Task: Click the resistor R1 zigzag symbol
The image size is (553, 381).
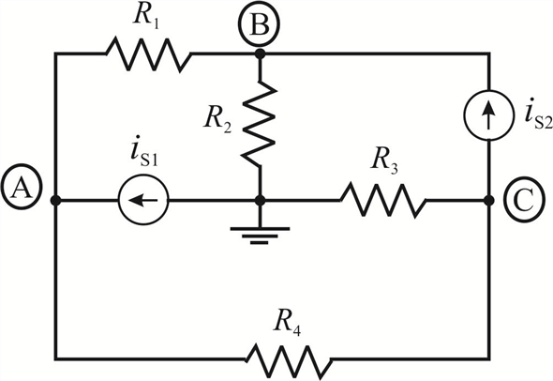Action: [148, 54]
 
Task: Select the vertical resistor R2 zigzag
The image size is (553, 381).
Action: [260, 124]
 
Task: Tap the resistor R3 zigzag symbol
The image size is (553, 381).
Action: [383, 200]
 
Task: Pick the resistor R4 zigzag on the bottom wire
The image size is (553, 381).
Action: [289, 359]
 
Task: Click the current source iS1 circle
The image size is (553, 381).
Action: [143, 200]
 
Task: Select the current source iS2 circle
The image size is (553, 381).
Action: [488, 115]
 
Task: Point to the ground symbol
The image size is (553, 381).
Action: [260, 236]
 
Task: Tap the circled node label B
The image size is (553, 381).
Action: [259, 24]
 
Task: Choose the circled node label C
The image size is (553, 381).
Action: [525, 201]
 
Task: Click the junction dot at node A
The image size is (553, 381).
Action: [55, 200]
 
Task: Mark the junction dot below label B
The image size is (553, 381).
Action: [260, 53]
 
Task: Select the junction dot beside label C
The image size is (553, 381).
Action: [488, 200]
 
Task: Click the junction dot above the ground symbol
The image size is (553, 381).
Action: [260, 200]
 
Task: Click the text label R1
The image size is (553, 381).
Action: [146, 17]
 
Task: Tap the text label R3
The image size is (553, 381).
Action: [385, 161]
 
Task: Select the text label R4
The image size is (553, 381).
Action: [288, 323]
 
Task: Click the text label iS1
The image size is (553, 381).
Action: [144, 153]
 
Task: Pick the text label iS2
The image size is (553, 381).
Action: [538, 114]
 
